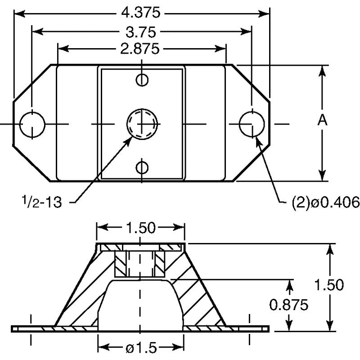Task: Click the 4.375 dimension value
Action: pyautogui.click(x=141, y=13)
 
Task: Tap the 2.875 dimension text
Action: pyautogui.click(x=141, y=49)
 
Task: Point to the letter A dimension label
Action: pyautogui.click(x=322, y=121)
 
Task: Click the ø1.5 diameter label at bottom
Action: pyautogui.click(x=141, y=347)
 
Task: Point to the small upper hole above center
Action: pyautogui.click(x=142, y=80)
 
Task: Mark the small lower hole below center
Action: pyautogui.click(x=142, y=167)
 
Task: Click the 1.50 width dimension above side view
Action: pyautogui.click(x=141, y=228)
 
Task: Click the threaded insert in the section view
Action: pyautogui.click(x=141, y=264)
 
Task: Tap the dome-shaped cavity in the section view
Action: pyautogui.click(x=141, y=304)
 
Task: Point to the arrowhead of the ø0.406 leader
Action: pyautogui.click(x=257, y=137)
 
